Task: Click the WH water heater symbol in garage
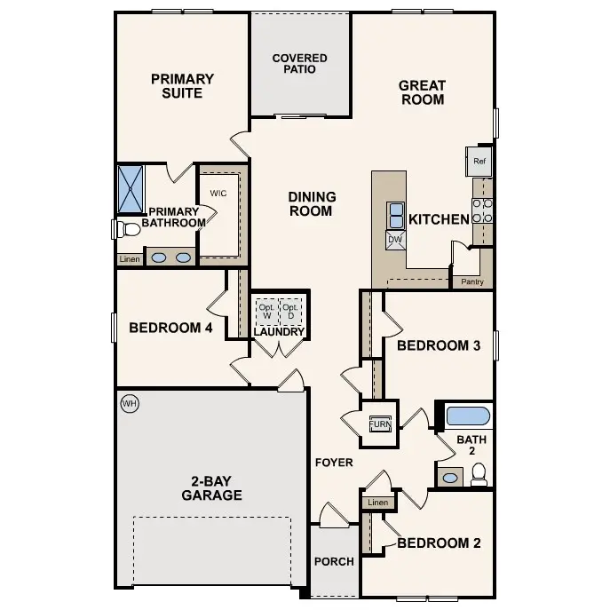pyautogui.click(x=130, y=404)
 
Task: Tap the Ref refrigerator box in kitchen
pyautogui.click(x=479, y=162)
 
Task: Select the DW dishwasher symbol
pyautogui.click(x=395, y=239)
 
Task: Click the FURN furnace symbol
pyautogui.click(x=379, y=424)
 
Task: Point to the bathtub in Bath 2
pyautogui.click(x=467, y=416)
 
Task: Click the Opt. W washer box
pyautogui.click(x=266, y=312)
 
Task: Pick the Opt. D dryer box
pyautogui.click(x=290, y=312)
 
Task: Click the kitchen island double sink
pyautogui.click(x=395, y=215)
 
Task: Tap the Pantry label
pyautogui.click(x=471, y=282)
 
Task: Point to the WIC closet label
pyautogui.click(x=218, y=193)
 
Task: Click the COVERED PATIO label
pyautogui.click(x=299, y=64)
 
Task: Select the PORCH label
pyautogui.click(x=334, y=561)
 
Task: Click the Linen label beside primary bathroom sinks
pyautogui.click(x=129, y=259)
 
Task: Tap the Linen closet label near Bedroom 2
pyautogui.click(x=377, y=503)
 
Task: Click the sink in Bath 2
pyautogui.click(x=450, y=478)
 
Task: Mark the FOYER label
pyautogui.click(x=334, y=463)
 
